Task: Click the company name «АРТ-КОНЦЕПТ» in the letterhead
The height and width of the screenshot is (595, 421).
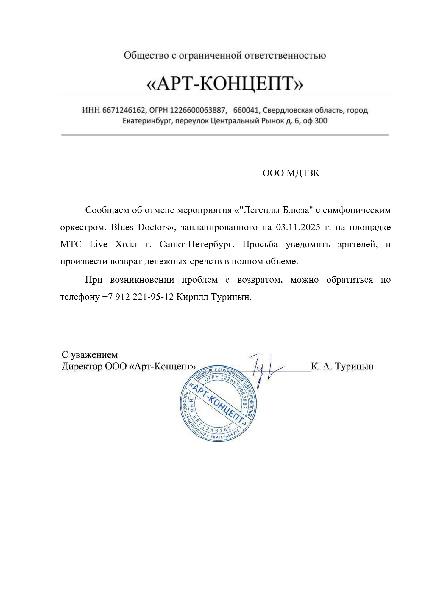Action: pos(225,84)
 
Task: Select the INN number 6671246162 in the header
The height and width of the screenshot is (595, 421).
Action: pos(123,110)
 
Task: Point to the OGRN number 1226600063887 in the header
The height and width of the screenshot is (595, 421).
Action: pos(197,110)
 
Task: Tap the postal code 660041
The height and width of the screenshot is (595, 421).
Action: pos(246,110)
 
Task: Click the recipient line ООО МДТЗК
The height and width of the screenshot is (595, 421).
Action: pos(291,173)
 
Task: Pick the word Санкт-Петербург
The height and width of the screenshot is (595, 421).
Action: pos(197,245)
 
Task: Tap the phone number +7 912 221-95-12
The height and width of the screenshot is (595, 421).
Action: pos(138,297)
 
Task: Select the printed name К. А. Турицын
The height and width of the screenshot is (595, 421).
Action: pos(342,366)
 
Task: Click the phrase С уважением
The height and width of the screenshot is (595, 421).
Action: pos(90,355)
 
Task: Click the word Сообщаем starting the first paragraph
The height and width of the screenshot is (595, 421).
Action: pos(104,210)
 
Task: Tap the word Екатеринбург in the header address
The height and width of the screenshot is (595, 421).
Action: pos(147,121)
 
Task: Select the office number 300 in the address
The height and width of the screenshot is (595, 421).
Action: pos(321,121)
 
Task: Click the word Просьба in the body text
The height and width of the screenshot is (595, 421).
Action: pos(260,245)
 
